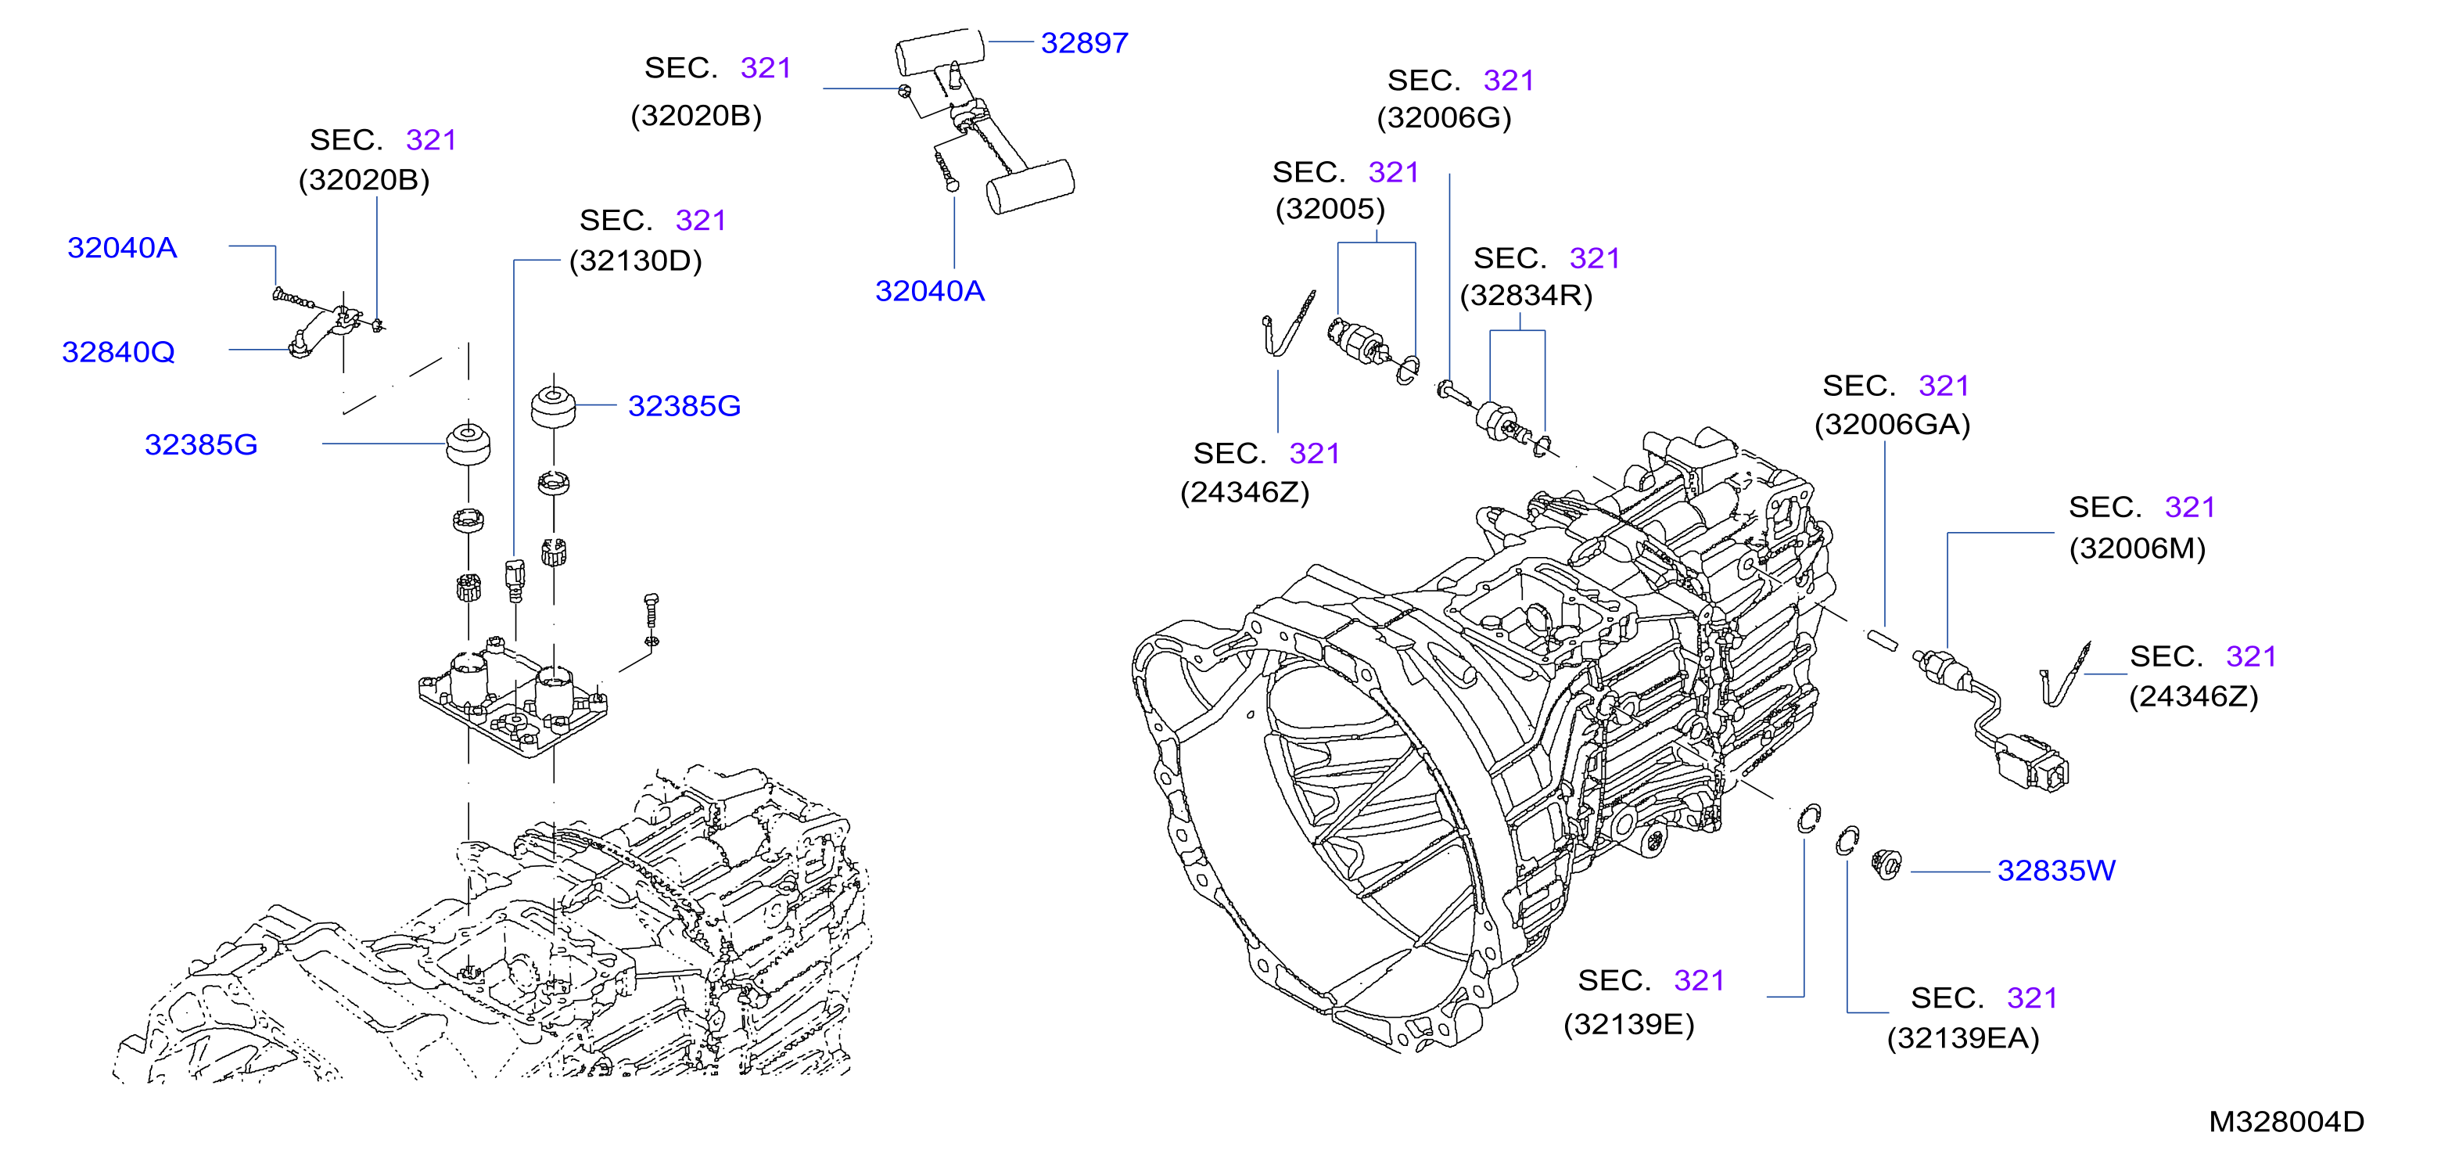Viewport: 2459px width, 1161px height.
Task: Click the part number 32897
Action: [1084, 43]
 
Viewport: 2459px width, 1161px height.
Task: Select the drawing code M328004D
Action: [2286, 1121]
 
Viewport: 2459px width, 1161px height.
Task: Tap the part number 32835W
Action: [2056, 871]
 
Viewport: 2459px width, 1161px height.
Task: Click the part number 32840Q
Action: [118, 352]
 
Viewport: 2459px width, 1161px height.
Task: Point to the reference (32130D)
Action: [636, 261]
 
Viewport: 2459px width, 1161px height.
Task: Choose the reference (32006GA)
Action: [1892, 424]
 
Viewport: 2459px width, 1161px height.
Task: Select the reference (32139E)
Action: [1628, 1024]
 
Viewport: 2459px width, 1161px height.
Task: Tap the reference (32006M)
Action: [2138, 548]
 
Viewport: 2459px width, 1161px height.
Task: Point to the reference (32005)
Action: [1330, 209]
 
